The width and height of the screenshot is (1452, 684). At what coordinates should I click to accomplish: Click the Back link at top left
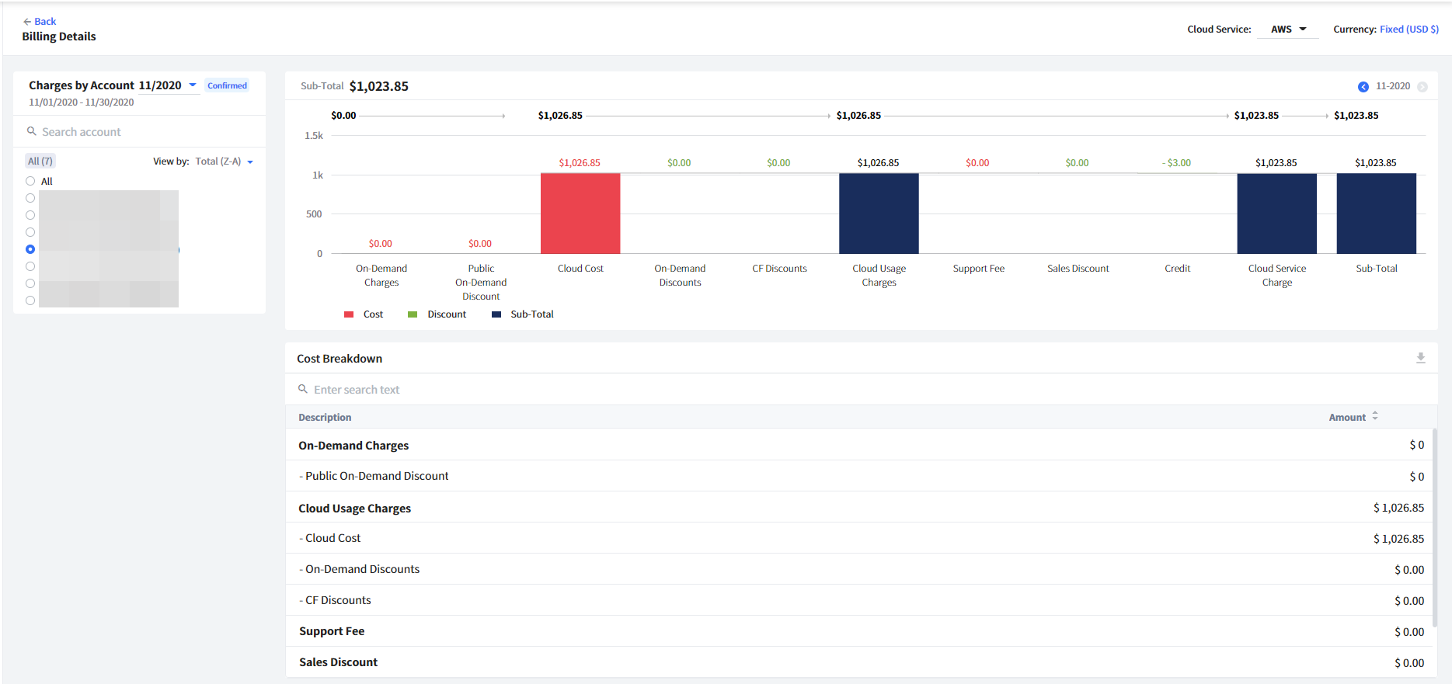(40, 22)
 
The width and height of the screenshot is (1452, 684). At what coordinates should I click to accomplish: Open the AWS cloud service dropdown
(1288, 30)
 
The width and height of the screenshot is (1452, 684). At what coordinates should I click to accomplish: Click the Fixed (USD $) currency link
(1408, 30)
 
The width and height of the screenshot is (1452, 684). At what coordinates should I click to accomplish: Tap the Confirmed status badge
(227, 86)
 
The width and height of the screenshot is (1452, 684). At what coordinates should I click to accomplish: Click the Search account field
(140, 132)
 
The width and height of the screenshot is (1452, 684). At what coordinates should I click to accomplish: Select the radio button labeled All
(30, 181)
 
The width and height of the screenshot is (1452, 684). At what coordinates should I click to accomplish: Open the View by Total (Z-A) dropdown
(224, 161)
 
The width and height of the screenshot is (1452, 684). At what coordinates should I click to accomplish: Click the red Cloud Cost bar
(580, 214)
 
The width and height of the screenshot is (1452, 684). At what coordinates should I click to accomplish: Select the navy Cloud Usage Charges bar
(879, 214)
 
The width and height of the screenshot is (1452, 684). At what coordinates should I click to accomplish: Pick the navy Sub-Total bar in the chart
(1376, 214)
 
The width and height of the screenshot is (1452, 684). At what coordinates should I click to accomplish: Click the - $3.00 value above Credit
(1177, 163)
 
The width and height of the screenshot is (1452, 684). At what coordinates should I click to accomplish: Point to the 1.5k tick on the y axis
(314, 136)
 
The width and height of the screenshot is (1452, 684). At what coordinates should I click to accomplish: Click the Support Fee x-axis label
(978, 269)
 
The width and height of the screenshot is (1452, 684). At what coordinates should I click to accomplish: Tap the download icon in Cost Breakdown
(1420, 358)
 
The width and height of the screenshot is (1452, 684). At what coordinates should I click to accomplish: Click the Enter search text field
(466, 390)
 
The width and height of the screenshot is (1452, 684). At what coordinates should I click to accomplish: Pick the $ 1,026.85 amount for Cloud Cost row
(1398, 539)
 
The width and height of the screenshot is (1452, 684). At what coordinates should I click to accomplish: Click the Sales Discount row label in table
(338, 662)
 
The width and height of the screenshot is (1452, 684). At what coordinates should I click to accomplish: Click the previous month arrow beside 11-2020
(1363, 87)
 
